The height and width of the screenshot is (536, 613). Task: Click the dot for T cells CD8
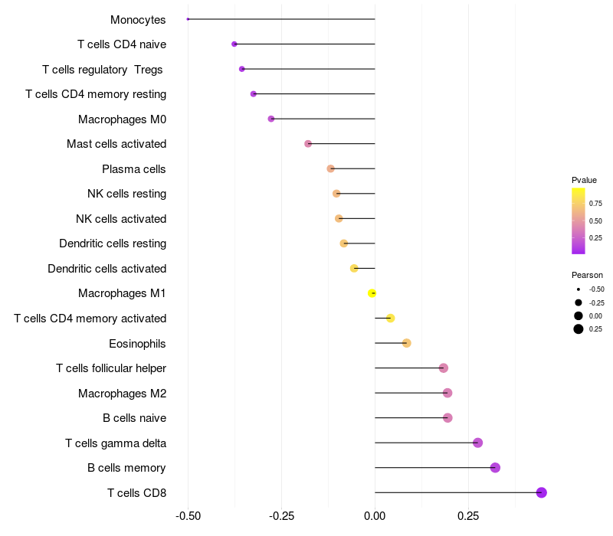tap(542, 492)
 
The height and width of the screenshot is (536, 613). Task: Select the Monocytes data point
tap(188, 19)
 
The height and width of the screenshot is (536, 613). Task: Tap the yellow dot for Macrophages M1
tap(372, 293)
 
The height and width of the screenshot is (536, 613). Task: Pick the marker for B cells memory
tap(495, 468)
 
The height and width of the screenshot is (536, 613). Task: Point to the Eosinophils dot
tap(407, 343)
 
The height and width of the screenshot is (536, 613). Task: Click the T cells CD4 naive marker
tap(234, 44)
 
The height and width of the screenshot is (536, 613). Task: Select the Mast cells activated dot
tap(308, 144)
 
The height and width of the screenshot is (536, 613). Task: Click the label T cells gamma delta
tap(116, 443)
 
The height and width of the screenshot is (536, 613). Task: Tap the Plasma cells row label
tap(134, 168)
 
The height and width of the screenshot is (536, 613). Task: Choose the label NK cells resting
tap(126, 194)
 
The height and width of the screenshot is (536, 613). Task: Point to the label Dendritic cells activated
tap(107, 268)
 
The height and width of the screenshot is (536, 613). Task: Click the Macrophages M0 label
tap(122, 119)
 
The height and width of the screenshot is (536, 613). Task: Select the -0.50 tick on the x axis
tap(188, 516)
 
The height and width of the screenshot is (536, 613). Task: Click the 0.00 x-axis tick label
tap(375, 516)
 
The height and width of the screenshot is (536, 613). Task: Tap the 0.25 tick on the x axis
tap(468, 516)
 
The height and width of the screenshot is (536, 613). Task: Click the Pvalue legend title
tap(584, 180)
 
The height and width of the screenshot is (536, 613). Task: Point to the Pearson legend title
tap(587, 275)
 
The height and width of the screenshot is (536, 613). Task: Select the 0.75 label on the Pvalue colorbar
tap(595, 204)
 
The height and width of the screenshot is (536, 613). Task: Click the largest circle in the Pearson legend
tap(579, 329)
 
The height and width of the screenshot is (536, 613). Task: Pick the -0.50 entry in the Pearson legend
tap(596, 289)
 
